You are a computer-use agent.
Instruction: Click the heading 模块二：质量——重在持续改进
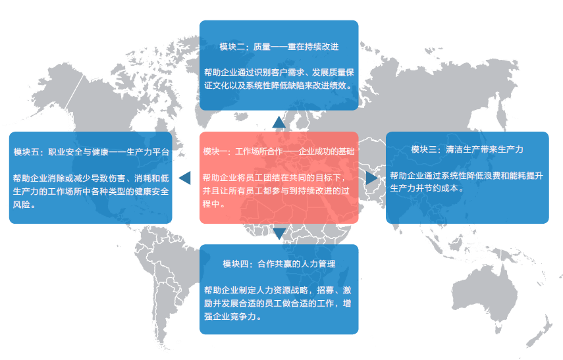click(279, 47)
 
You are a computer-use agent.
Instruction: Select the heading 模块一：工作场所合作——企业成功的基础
click(279, 151)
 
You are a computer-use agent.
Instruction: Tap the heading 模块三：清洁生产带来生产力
click(467, 149)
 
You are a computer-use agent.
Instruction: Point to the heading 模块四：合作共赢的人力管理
click(279, 264)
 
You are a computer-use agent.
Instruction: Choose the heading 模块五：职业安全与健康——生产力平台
click(92, 152)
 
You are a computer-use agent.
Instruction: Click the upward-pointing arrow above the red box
click(279, 122)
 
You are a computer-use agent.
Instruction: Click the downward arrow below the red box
click(279, 234)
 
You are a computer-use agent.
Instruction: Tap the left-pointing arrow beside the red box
click(184, 178)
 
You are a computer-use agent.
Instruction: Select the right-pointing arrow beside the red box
click(372, 178)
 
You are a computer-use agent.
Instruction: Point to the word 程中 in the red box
click(211, 204)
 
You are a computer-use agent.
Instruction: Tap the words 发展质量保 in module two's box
click(333, 72)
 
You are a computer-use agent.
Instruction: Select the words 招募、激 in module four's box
click(335, 290)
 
